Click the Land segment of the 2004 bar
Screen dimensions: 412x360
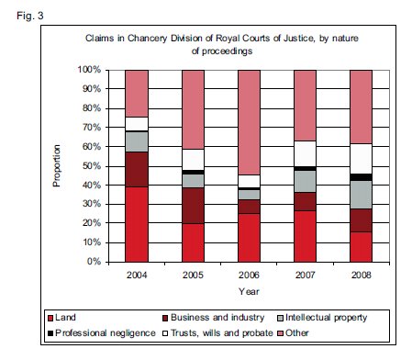click(137, 224)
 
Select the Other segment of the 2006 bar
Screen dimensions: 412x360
click(250, 122)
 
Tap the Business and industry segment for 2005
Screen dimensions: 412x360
click(193, 206)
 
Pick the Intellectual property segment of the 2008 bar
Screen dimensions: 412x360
click(362, 195)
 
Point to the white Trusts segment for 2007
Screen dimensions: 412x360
click(305, 154)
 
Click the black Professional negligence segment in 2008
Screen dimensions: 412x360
click(362, 177)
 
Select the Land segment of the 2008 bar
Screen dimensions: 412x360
click(362, 247)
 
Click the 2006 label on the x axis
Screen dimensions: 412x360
click(249, 275)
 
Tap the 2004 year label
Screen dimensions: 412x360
click(137, 275)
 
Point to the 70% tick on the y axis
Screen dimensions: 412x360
click(92, 127)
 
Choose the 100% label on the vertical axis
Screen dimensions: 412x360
click(89, 70)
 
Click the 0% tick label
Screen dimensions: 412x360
click(94, 262)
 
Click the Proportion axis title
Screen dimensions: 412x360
click(57, 165)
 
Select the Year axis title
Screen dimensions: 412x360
click(249, 291)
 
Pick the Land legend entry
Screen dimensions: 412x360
click(61, 318)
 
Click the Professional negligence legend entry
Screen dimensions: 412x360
click(102, 332)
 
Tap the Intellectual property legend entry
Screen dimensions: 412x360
click(322, 318)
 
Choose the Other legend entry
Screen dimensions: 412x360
click(293, 332)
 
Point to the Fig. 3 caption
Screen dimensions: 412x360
click(30, 16)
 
